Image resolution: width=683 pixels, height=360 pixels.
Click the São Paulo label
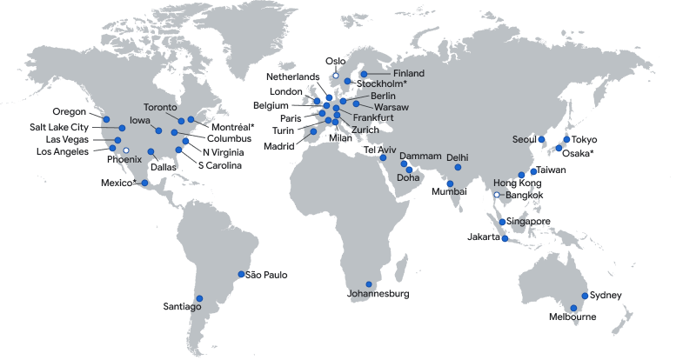coord(267,276)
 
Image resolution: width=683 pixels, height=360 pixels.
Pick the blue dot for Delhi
coord(458,167)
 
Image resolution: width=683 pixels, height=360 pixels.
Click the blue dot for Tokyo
coord(567,139)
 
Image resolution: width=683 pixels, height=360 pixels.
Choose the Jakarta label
coord(484,237)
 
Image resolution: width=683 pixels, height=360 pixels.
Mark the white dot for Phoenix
coord(126,150)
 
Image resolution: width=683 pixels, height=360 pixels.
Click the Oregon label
coord(70,112)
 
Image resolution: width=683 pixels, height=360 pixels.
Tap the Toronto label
coord(160,108)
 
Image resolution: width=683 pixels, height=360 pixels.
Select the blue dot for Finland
coord(364,74)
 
